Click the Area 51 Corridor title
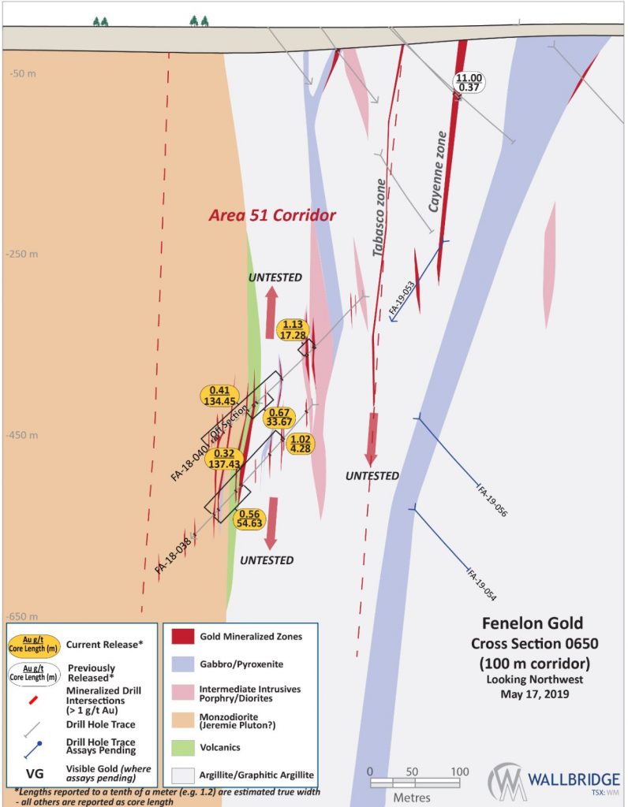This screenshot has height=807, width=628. [272, 215]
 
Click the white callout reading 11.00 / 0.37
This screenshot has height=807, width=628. [469, 83]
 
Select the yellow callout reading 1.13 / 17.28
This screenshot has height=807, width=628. [293, 329]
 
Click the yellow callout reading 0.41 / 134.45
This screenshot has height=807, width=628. [225, 396]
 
